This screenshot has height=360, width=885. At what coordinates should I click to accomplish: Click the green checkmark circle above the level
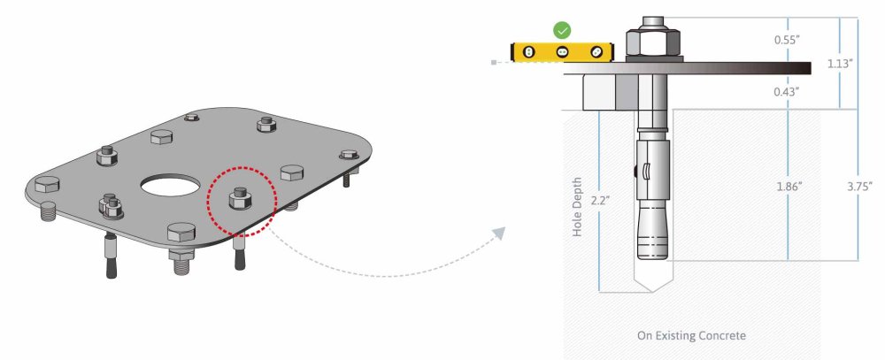click(x=562, y=30)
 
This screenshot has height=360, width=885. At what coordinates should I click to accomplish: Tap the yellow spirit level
click(x=562, y=52)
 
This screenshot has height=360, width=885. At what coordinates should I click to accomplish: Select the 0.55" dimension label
click(x=787, y=40)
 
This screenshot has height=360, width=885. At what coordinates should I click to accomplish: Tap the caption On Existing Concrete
click(x=691, y=336)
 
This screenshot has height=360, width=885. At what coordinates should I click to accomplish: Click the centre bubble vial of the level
click(x=562, y=52)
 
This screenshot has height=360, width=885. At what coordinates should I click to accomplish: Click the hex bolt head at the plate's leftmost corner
click(x=46, y=185)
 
